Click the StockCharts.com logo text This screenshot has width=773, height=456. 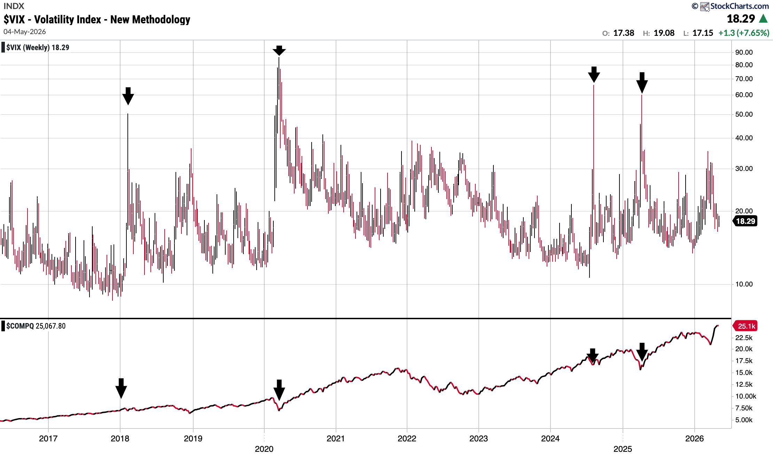coord(739,6)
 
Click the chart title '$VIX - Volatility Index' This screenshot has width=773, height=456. coord(53,19)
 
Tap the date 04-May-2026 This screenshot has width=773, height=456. coord(25,32)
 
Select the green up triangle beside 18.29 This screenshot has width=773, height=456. coord(764,18)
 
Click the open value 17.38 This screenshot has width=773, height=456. coord(624,33)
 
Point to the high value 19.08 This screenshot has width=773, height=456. coord(664,33)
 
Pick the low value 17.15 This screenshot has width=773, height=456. coord(703,33)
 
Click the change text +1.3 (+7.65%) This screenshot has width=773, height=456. coord(744,33)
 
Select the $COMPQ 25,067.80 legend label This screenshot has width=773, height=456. coord(36,326)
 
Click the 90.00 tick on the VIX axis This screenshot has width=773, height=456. coord(744,53)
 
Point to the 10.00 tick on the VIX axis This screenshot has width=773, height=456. coord(744,284)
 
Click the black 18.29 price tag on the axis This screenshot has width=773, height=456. coord(745,221)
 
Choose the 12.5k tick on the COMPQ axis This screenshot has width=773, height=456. coord(744,385)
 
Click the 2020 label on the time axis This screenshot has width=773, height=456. coord(264,449)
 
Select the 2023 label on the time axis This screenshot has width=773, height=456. coord(479,439)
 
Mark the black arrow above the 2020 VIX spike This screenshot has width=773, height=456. coord(279,51)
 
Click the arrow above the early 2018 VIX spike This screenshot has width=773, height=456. coord(128,96)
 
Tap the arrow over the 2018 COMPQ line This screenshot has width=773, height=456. coord(121,388)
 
